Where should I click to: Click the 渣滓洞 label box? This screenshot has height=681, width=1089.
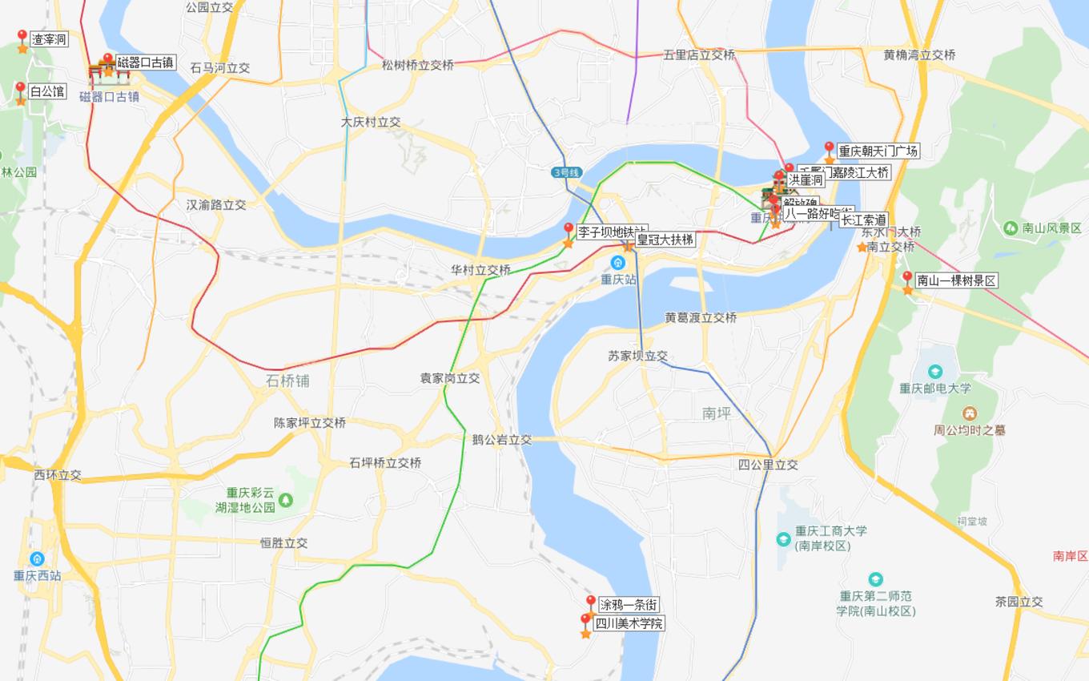49,39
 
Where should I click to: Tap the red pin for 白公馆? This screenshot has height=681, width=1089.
21,88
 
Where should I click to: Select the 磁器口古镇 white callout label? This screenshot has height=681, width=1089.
146,62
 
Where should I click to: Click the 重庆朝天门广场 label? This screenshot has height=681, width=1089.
878,151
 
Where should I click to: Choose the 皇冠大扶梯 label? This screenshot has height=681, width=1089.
665,240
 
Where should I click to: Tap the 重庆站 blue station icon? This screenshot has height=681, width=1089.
617,263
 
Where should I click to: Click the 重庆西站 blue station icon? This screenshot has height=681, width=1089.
37,558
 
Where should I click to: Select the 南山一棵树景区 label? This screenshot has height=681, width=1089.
956,280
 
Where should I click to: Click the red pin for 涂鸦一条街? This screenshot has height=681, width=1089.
591,602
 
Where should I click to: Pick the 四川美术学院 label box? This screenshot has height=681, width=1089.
629,623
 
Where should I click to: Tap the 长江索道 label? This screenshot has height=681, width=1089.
863,220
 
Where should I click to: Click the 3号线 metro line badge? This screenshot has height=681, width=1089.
566,172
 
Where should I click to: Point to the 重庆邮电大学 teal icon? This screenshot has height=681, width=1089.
934,372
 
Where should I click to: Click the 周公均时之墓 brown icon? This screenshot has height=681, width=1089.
970,413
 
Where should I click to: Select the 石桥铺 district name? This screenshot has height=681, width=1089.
287,381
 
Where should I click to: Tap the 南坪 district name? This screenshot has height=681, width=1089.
717,413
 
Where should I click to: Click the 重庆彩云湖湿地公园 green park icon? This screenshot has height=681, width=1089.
285,501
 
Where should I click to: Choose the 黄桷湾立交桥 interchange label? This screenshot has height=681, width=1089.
919,55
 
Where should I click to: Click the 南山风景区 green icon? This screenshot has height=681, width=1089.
1011,228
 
